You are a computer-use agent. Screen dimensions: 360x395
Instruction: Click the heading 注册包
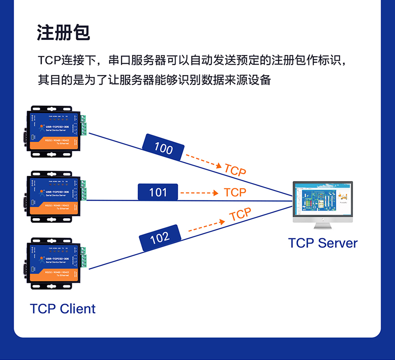[64, 33]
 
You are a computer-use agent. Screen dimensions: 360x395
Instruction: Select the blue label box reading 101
[158, 192]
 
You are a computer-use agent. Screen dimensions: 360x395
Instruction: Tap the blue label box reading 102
[160, 238]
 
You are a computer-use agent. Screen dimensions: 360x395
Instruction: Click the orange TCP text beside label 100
[235, 170]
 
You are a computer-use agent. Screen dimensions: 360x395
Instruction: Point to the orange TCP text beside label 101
[235, 192]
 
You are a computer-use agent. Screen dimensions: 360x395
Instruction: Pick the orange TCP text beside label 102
[241, 215]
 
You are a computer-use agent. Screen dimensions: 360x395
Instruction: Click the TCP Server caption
[323, 243]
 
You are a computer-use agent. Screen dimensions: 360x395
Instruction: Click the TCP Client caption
[63, 309]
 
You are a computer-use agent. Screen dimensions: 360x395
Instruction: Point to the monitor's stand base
[323, 226]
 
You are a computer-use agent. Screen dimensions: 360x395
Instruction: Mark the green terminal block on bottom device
[83, 258]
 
